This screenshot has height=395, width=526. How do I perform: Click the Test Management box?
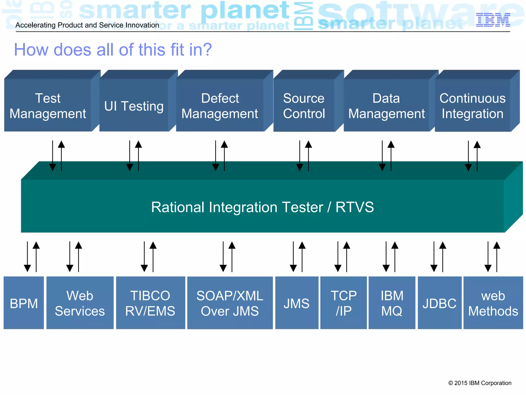tap(48, 106)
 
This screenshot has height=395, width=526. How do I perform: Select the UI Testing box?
tap(134, 106)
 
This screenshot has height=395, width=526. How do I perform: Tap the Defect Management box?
tap(220, 106)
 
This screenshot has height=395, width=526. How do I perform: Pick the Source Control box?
tap(304, 106)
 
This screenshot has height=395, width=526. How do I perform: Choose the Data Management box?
tap(387, 106)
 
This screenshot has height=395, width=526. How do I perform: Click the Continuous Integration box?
tap(473, 106)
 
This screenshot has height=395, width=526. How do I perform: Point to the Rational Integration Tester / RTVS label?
tap(262, 207)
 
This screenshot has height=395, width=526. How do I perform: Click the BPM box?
tap(24, 303)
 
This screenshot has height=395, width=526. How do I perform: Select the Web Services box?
tap(80, 303)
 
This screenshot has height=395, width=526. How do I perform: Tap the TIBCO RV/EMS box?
tap(151, 303)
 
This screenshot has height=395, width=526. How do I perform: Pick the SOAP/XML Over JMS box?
tap(230, 303)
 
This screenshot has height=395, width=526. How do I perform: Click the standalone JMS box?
tap(297, 303)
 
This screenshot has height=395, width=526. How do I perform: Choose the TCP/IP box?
tap(343, 303)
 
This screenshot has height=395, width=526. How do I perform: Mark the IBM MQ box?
tap(392, 303)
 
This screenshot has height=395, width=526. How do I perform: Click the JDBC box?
tap(439, 303)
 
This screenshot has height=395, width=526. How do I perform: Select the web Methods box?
tap(493, 303)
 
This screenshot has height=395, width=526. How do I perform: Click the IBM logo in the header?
tap(493, 20)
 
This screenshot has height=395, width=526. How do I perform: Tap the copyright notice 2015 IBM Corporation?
tap(480, 383)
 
